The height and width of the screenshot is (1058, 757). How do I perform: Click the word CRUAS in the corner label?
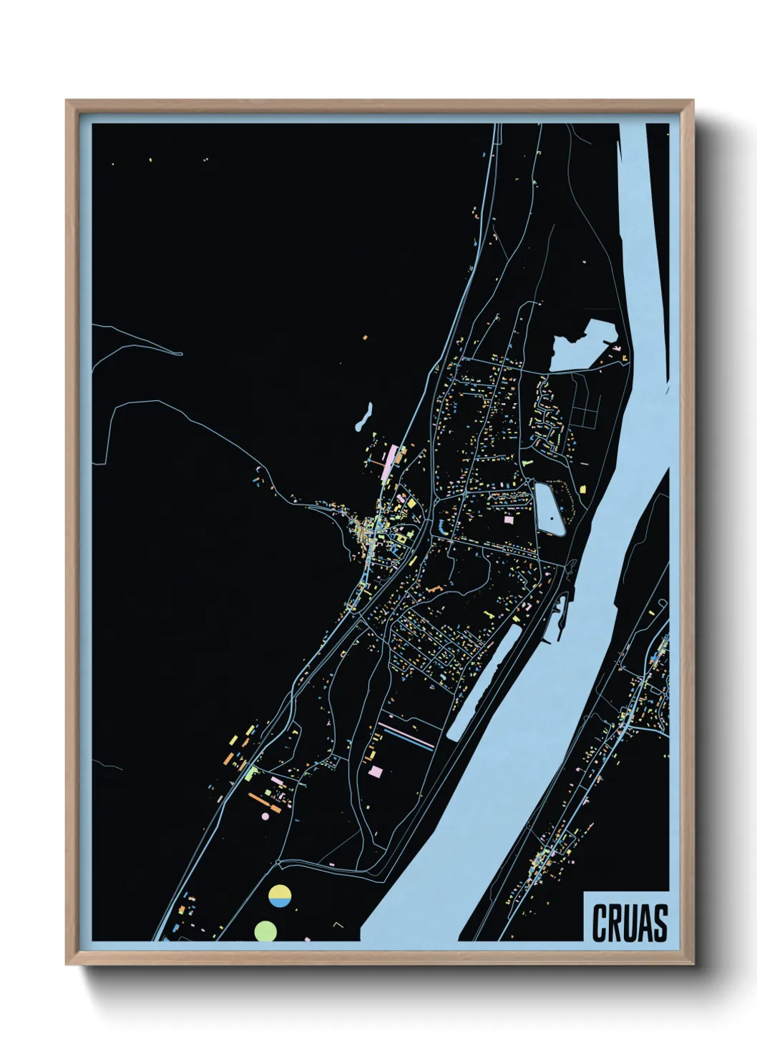tap(629, 923)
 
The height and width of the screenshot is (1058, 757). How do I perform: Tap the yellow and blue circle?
tap(280, 896)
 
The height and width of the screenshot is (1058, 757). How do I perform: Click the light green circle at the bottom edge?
tap(265, 931)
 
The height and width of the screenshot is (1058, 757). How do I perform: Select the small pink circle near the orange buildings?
tap(265, 816)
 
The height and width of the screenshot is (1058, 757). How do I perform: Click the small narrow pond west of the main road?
tap(363, 419)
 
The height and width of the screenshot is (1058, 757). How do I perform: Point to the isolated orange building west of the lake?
tap(365, 336)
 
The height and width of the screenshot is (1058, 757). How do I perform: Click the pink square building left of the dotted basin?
tap(509, 520)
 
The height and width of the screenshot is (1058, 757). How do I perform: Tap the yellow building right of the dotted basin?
tap(582, 489)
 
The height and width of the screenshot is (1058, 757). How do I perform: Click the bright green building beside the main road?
tap(250, 772)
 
